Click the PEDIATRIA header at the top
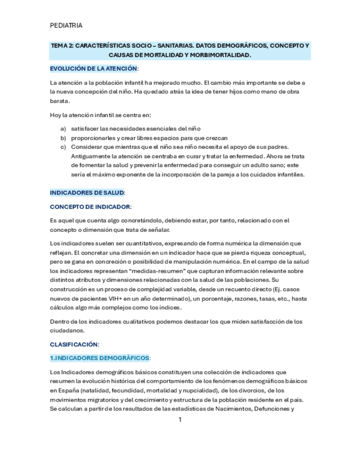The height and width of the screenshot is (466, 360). [66, 25]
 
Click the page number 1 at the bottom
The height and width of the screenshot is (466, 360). [180, 420]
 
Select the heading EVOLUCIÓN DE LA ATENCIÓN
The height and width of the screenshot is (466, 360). [93, 69]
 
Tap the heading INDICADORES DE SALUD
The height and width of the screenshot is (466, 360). [87, 193]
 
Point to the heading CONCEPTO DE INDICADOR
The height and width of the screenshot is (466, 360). [90, 207]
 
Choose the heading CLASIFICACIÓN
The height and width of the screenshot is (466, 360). [74, 344]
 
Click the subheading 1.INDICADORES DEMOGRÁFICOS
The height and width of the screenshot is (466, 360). [99, 358]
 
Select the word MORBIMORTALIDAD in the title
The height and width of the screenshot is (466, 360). [219, 56]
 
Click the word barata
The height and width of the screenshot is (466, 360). [59, 101]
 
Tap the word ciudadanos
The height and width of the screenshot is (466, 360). [67, 330]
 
